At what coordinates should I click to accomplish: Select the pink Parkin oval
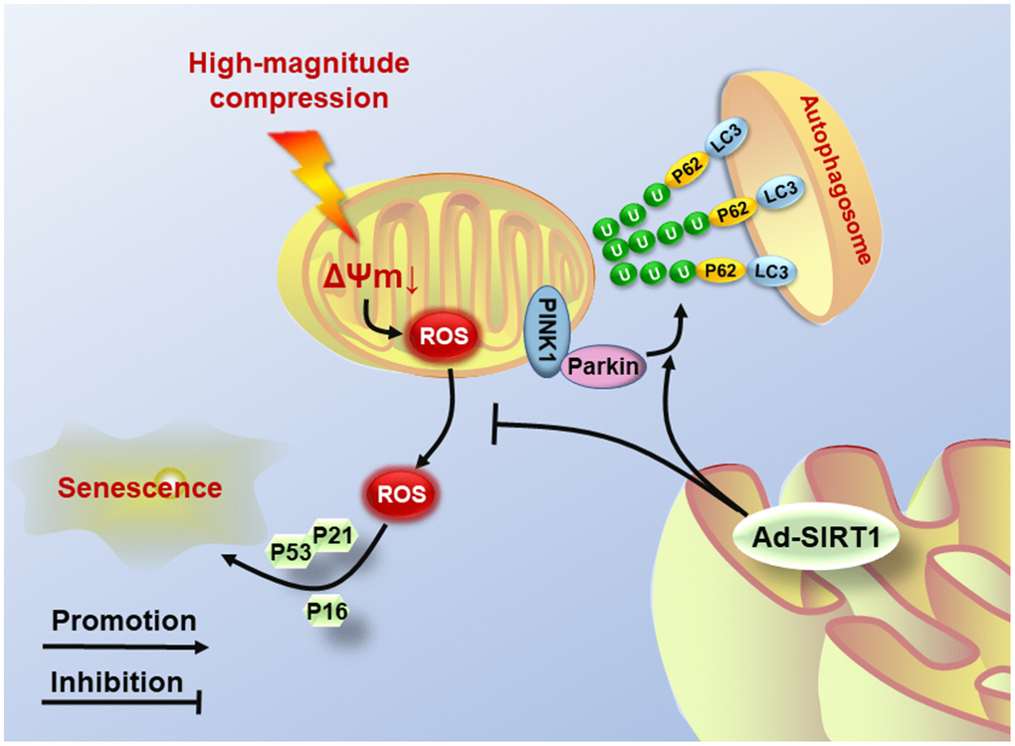(603, 369)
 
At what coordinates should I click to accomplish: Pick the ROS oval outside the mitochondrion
(403, 490)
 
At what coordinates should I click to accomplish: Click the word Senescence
(138, 488)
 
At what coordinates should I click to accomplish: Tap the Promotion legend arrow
(125, 648)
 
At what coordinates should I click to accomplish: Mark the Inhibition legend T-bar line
(123, 705)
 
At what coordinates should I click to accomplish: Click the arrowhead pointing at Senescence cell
(228, 560)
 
